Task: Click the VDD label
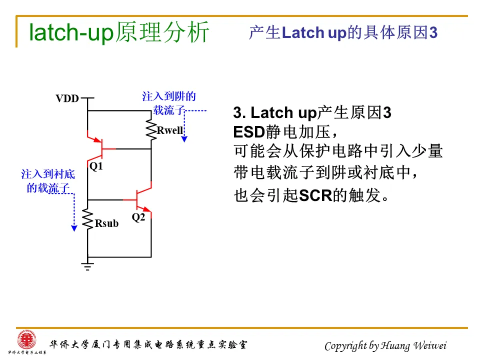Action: [x=67, y=98]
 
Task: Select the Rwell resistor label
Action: [x=170, y=131]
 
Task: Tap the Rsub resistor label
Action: [x=107, y=223]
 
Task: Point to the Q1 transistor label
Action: [x=95, y=166]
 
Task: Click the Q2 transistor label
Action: [x=138, y=217]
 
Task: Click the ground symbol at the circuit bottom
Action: [x=87, y=266]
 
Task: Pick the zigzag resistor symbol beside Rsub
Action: [x=87, y=219]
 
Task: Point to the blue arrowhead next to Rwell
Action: [x=184, y=138]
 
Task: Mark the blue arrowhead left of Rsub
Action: [x=74, y=228]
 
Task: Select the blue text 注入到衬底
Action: [x=48, y=174]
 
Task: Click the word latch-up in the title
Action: [x=71, y=33]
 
